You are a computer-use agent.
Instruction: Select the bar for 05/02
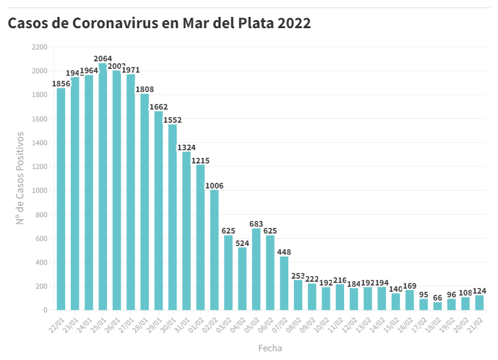(x=256, y=269)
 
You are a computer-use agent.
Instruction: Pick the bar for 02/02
(x=215, y=250)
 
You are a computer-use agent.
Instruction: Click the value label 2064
(x=103, y=59)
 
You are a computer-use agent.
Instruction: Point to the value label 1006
(x=215, y=185)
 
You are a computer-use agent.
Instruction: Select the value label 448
(x=284, y=252)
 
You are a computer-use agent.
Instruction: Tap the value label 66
(x=437, y=298)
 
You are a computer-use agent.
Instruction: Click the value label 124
(x=479, y=291)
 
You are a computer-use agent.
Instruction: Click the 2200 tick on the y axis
(x=39, y=47)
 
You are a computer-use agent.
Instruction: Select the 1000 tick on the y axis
(x=39, y=190)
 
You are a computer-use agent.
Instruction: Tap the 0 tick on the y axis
(x=45, y=310)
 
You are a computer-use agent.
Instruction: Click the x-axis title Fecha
(x=270, y=347)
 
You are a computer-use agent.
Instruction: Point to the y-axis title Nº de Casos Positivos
(x=20, y=178)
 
